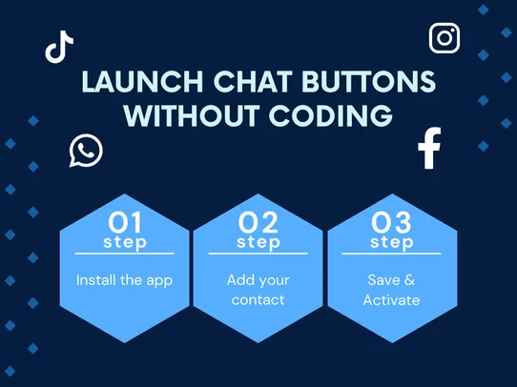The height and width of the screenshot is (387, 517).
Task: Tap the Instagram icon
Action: pos(445,37)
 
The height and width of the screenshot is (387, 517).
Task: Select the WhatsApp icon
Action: pos(85,151)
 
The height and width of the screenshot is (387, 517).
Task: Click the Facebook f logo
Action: pos(429,149)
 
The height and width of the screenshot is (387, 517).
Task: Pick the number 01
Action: pos(124,222)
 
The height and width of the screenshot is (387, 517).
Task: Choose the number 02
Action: pos(258,222)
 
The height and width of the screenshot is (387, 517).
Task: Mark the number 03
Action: pos(391,222)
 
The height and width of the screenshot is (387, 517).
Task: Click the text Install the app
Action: pos(124,281)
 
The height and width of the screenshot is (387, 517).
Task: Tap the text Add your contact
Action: pos(258,291)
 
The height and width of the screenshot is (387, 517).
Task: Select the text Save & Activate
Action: pos(391,291)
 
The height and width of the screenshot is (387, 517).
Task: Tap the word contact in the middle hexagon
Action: pos(258,300)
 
